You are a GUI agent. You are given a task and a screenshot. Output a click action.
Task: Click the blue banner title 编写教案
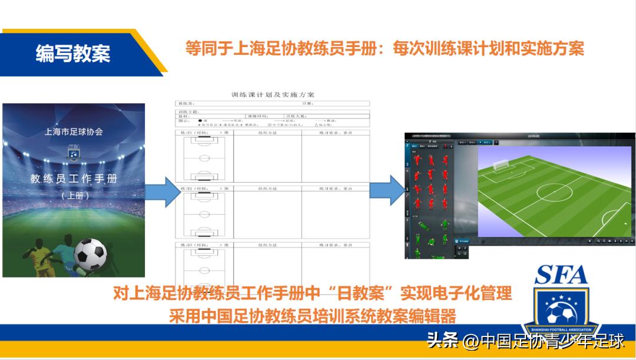coord(72,54)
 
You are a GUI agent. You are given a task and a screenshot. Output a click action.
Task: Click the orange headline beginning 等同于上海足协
coord(385,48)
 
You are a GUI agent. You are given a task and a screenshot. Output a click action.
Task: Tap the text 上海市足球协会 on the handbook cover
coord(74,132)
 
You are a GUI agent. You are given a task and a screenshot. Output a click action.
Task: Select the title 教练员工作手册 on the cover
coord(74,179)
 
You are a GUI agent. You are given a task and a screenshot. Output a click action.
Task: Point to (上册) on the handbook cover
coord(74,196)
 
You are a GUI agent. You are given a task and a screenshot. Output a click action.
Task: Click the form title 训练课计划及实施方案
coord(273,94)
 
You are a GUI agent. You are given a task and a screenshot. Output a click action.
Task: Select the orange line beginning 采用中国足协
coord(312,316)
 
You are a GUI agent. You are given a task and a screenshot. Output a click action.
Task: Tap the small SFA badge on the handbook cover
coord(74,153)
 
